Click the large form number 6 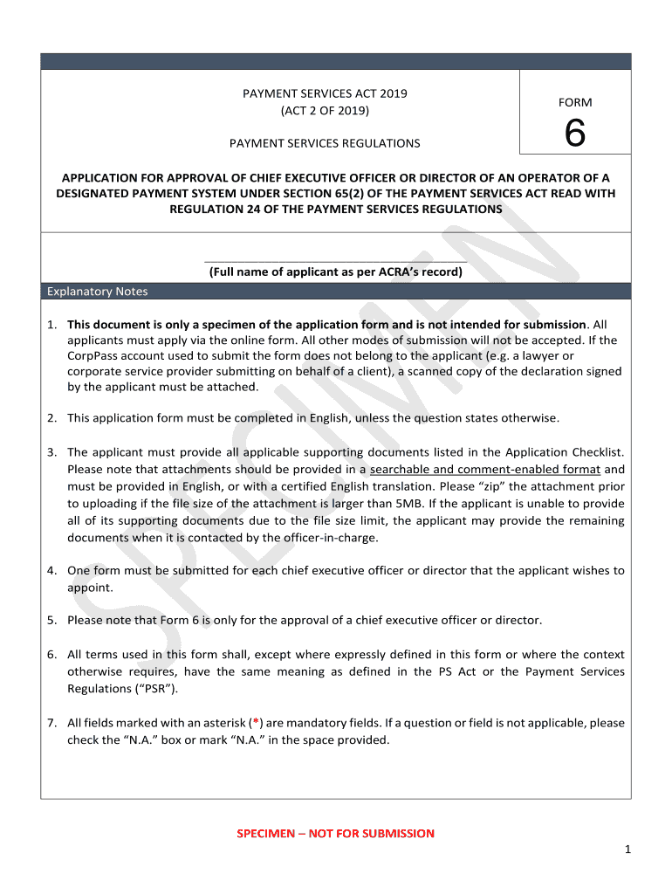574,134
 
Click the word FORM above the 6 574,102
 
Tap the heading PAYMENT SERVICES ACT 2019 325,93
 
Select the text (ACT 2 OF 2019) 325,111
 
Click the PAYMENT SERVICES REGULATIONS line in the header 325,143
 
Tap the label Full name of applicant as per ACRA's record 335,272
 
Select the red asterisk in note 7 254,723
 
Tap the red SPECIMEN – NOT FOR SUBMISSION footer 335,834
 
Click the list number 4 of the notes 52,571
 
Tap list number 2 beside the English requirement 52,418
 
